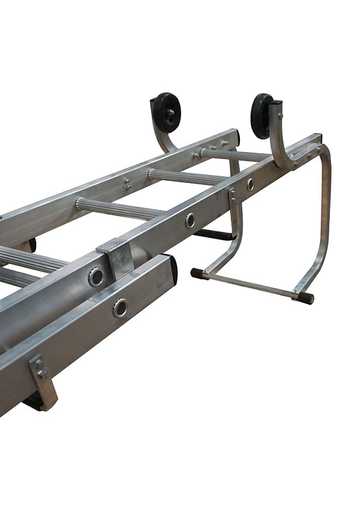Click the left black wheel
click(x=166, y=112)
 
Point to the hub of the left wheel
click(x=170, y=113)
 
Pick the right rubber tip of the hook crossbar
click(x=305, y=298)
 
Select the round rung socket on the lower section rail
click(x=121, y=309)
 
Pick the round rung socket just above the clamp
click(x=97, y=277)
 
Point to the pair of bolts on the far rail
click(x=127, y=184)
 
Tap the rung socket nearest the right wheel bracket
click(x=250, y=184)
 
